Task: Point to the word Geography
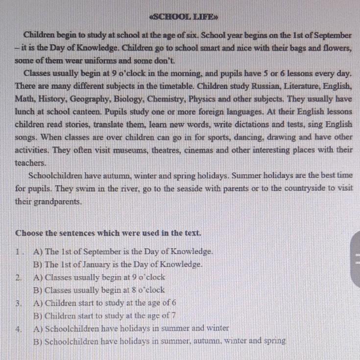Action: pyautogui.click(x=91, y=99)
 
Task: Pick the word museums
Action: pyautogui.click(x=134, y=150)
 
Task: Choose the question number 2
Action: pyautogui.click(x=19, y=277)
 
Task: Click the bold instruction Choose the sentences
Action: pyautogui.click(x=108, y=232)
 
